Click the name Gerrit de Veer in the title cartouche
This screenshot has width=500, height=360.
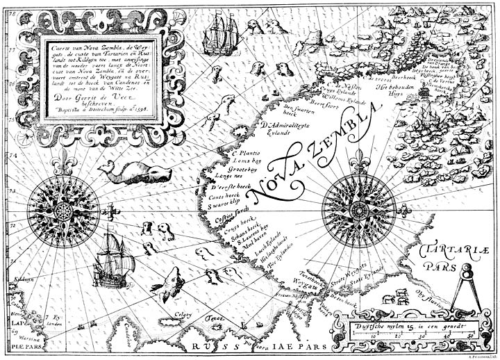[97, 99]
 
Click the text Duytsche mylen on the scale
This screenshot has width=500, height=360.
[381, 325]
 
